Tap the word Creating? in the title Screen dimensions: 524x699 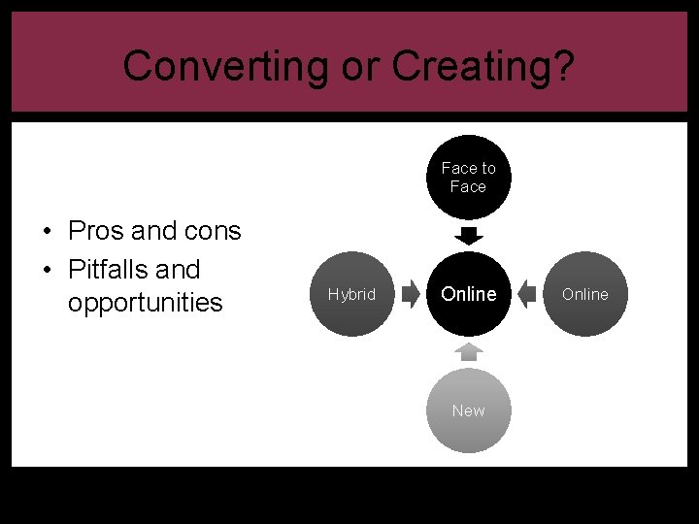click(483, 66)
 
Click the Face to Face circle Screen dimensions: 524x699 click(468, 177)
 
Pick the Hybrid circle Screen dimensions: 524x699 click(351, 294)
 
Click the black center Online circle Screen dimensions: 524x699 click(468, 294)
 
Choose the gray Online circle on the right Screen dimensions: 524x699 click(584, 294)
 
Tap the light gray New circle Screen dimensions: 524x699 click(468, 410)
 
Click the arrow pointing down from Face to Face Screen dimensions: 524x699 click(468, 236)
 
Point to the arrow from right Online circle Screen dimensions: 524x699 click(526, 294)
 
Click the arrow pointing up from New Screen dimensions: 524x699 click(468, 351)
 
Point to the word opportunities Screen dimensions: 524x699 click(146, 303)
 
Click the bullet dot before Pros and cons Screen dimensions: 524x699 click(47, 232)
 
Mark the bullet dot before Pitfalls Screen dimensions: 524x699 click(47, 270)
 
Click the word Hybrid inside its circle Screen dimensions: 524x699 click(351, 294)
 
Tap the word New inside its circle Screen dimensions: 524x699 click(468, 410)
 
